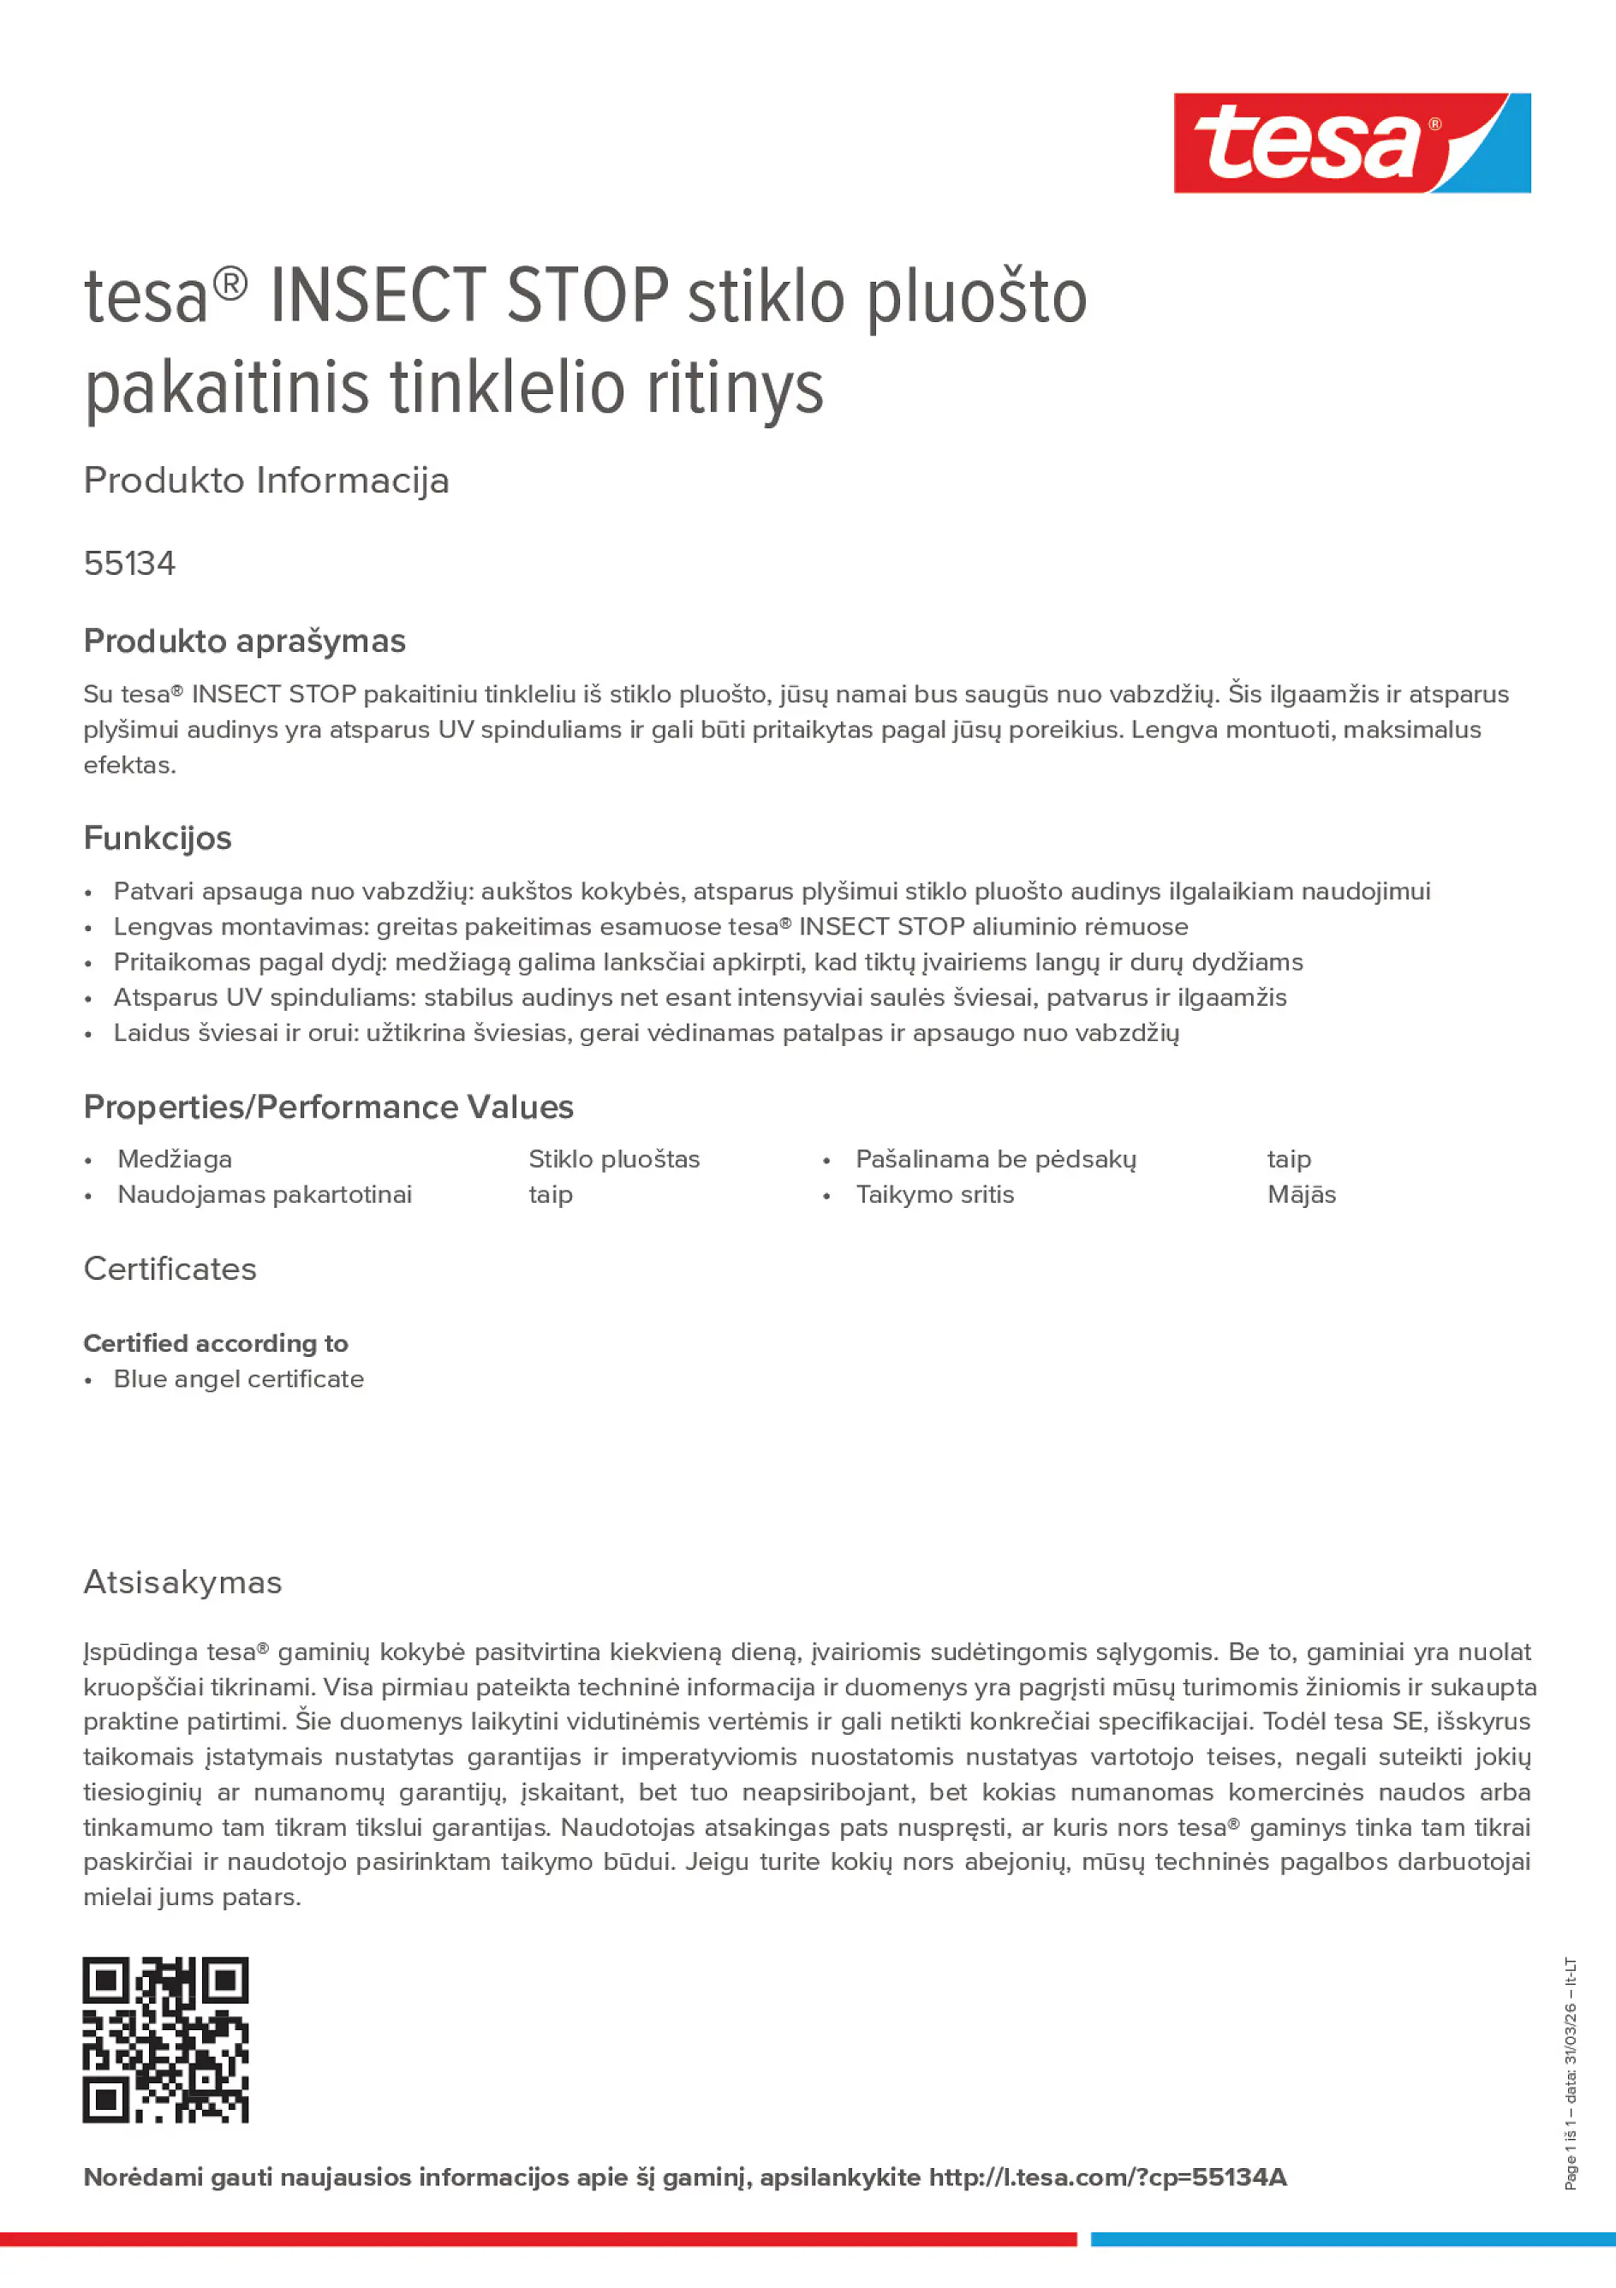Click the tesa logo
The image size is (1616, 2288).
[x=1351, y=144]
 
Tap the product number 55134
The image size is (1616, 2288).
[x=129, y=563]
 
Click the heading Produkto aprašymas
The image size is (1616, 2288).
[x=244, y=641]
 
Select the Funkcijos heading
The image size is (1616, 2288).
[x=158, y=838]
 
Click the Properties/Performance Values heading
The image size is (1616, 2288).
[x=328, y=1107]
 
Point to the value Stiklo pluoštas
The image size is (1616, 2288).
[x=614, y=1159]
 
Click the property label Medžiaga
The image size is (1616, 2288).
[x=175, y=1159]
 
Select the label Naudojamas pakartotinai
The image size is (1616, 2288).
[x=264, y=1195]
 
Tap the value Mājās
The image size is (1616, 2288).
[x=1301, y=1195]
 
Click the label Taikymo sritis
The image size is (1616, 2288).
[x=934, y=1195]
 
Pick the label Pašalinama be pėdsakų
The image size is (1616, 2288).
[x=995, y=1159]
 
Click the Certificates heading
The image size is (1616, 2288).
[x=170, y=1269]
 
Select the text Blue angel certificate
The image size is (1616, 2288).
[x=238, y=1379]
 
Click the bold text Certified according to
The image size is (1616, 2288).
[x=216, y=1343]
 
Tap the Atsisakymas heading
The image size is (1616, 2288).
[x=182, y=1582]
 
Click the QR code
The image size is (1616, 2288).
[x=165, y=2040]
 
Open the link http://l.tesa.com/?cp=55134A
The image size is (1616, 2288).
[x=1108, y=2177]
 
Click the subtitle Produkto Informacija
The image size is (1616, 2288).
[x=266, y=481]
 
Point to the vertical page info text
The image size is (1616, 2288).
[x=1571, y=2074]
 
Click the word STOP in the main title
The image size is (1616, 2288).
[x=587, y=296]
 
